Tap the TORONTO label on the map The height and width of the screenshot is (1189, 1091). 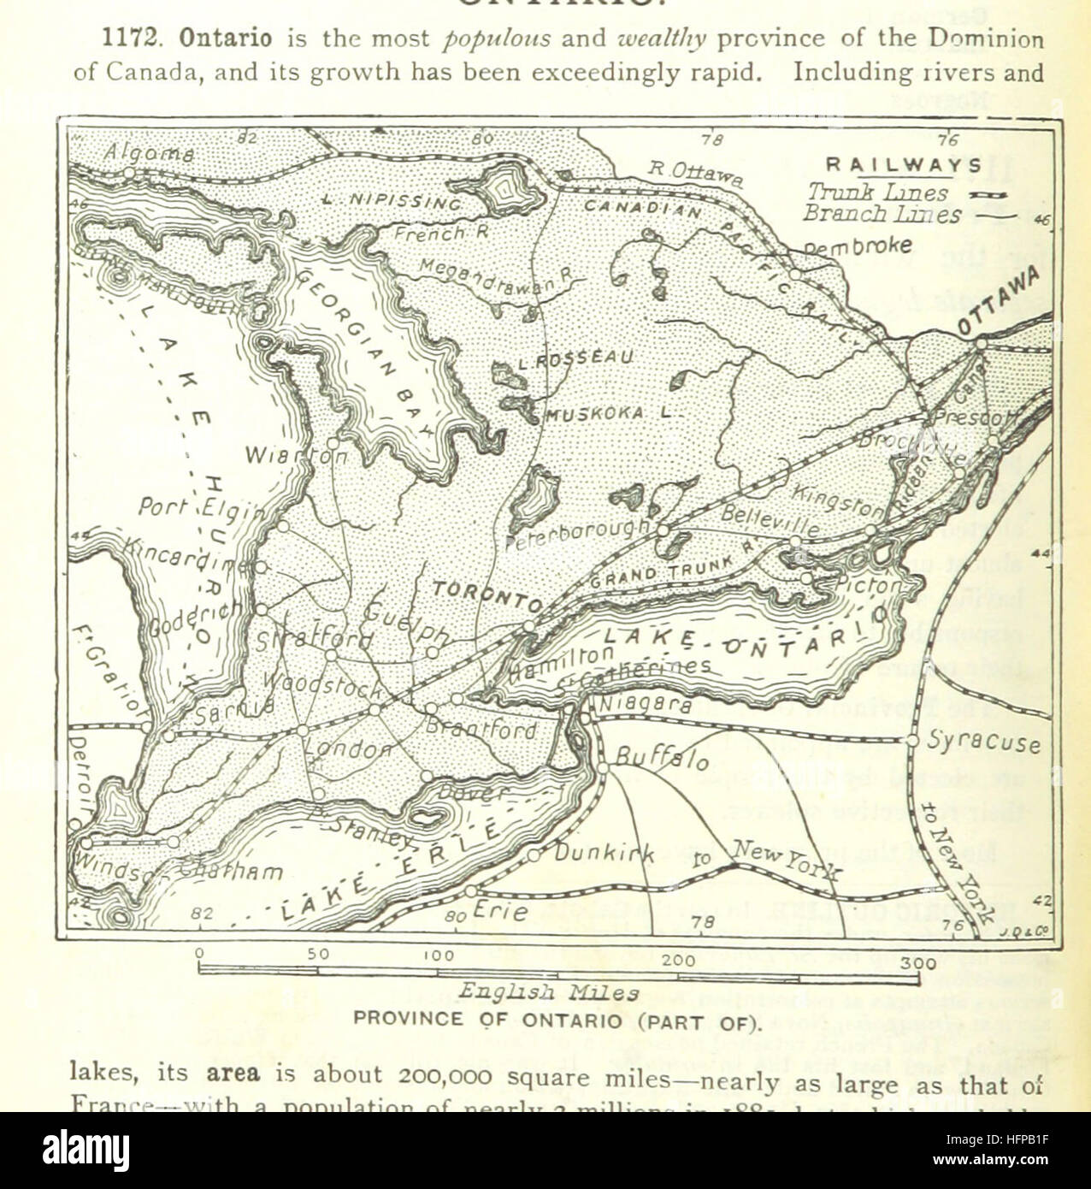click(486, 596)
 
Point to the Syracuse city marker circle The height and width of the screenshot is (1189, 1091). click(912, 740)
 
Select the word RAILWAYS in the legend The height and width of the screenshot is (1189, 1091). click(904, 165)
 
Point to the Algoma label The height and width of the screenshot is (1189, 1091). click(150, 153)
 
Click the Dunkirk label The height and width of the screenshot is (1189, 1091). click(604, 853)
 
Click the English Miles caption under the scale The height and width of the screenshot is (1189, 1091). click(549, 993)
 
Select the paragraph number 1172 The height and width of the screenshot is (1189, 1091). click(129, 39)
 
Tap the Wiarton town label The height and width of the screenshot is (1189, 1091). click(296, 456)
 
